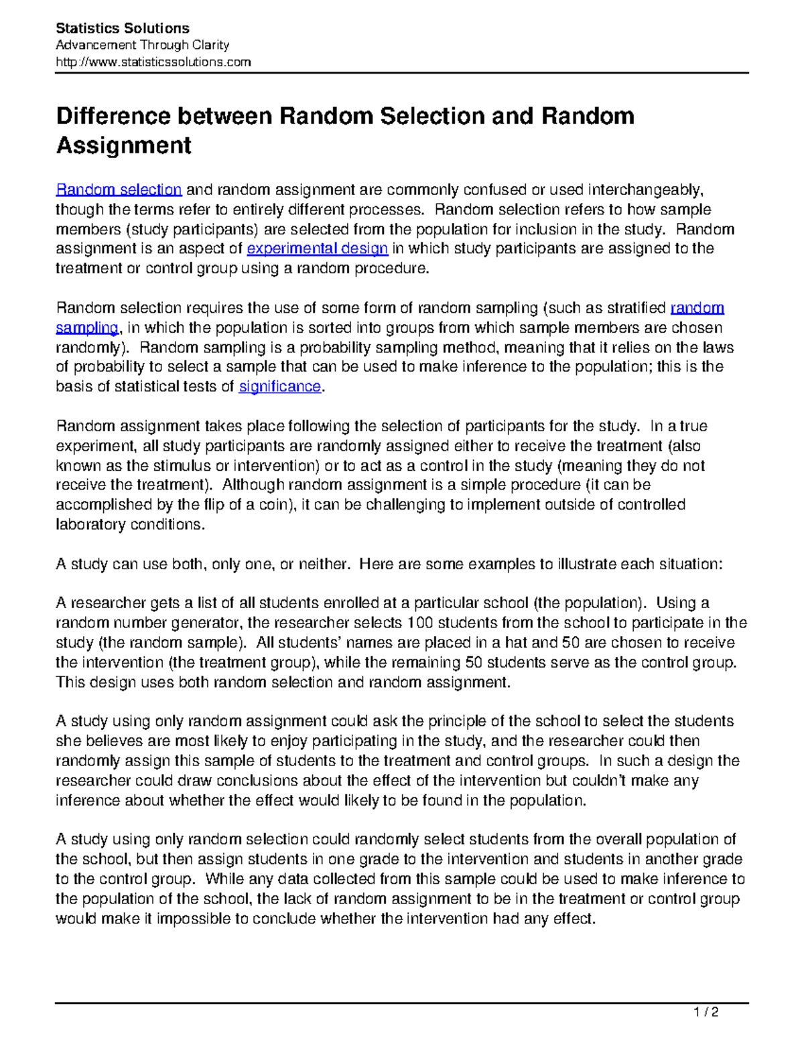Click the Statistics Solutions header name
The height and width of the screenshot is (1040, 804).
pyautogui.click(x=123, y=28)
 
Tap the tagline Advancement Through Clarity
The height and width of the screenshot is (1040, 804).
pyautogui.click(x=142, y=45)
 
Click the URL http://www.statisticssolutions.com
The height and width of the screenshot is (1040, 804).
pyautogui.click(x=153, y=62)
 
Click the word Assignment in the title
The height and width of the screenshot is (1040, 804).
pyautogui.click(x=124, y=145)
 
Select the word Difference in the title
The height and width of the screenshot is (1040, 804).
pyautogui.click(x=113, y=116)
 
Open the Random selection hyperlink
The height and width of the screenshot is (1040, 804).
pyautogui.click(x=119, y=190)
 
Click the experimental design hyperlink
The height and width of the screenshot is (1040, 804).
pyautogui.click(x=318, y=249)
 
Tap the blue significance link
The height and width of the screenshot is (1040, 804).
pyautogui.click(x=280, y=387)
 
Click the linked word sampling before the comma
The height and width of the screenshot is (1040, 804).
pyautogui.click(x=86, y=328)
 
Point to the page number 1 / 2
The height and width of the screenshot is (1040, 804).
pyautogui.click(x=706, y=1012)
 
